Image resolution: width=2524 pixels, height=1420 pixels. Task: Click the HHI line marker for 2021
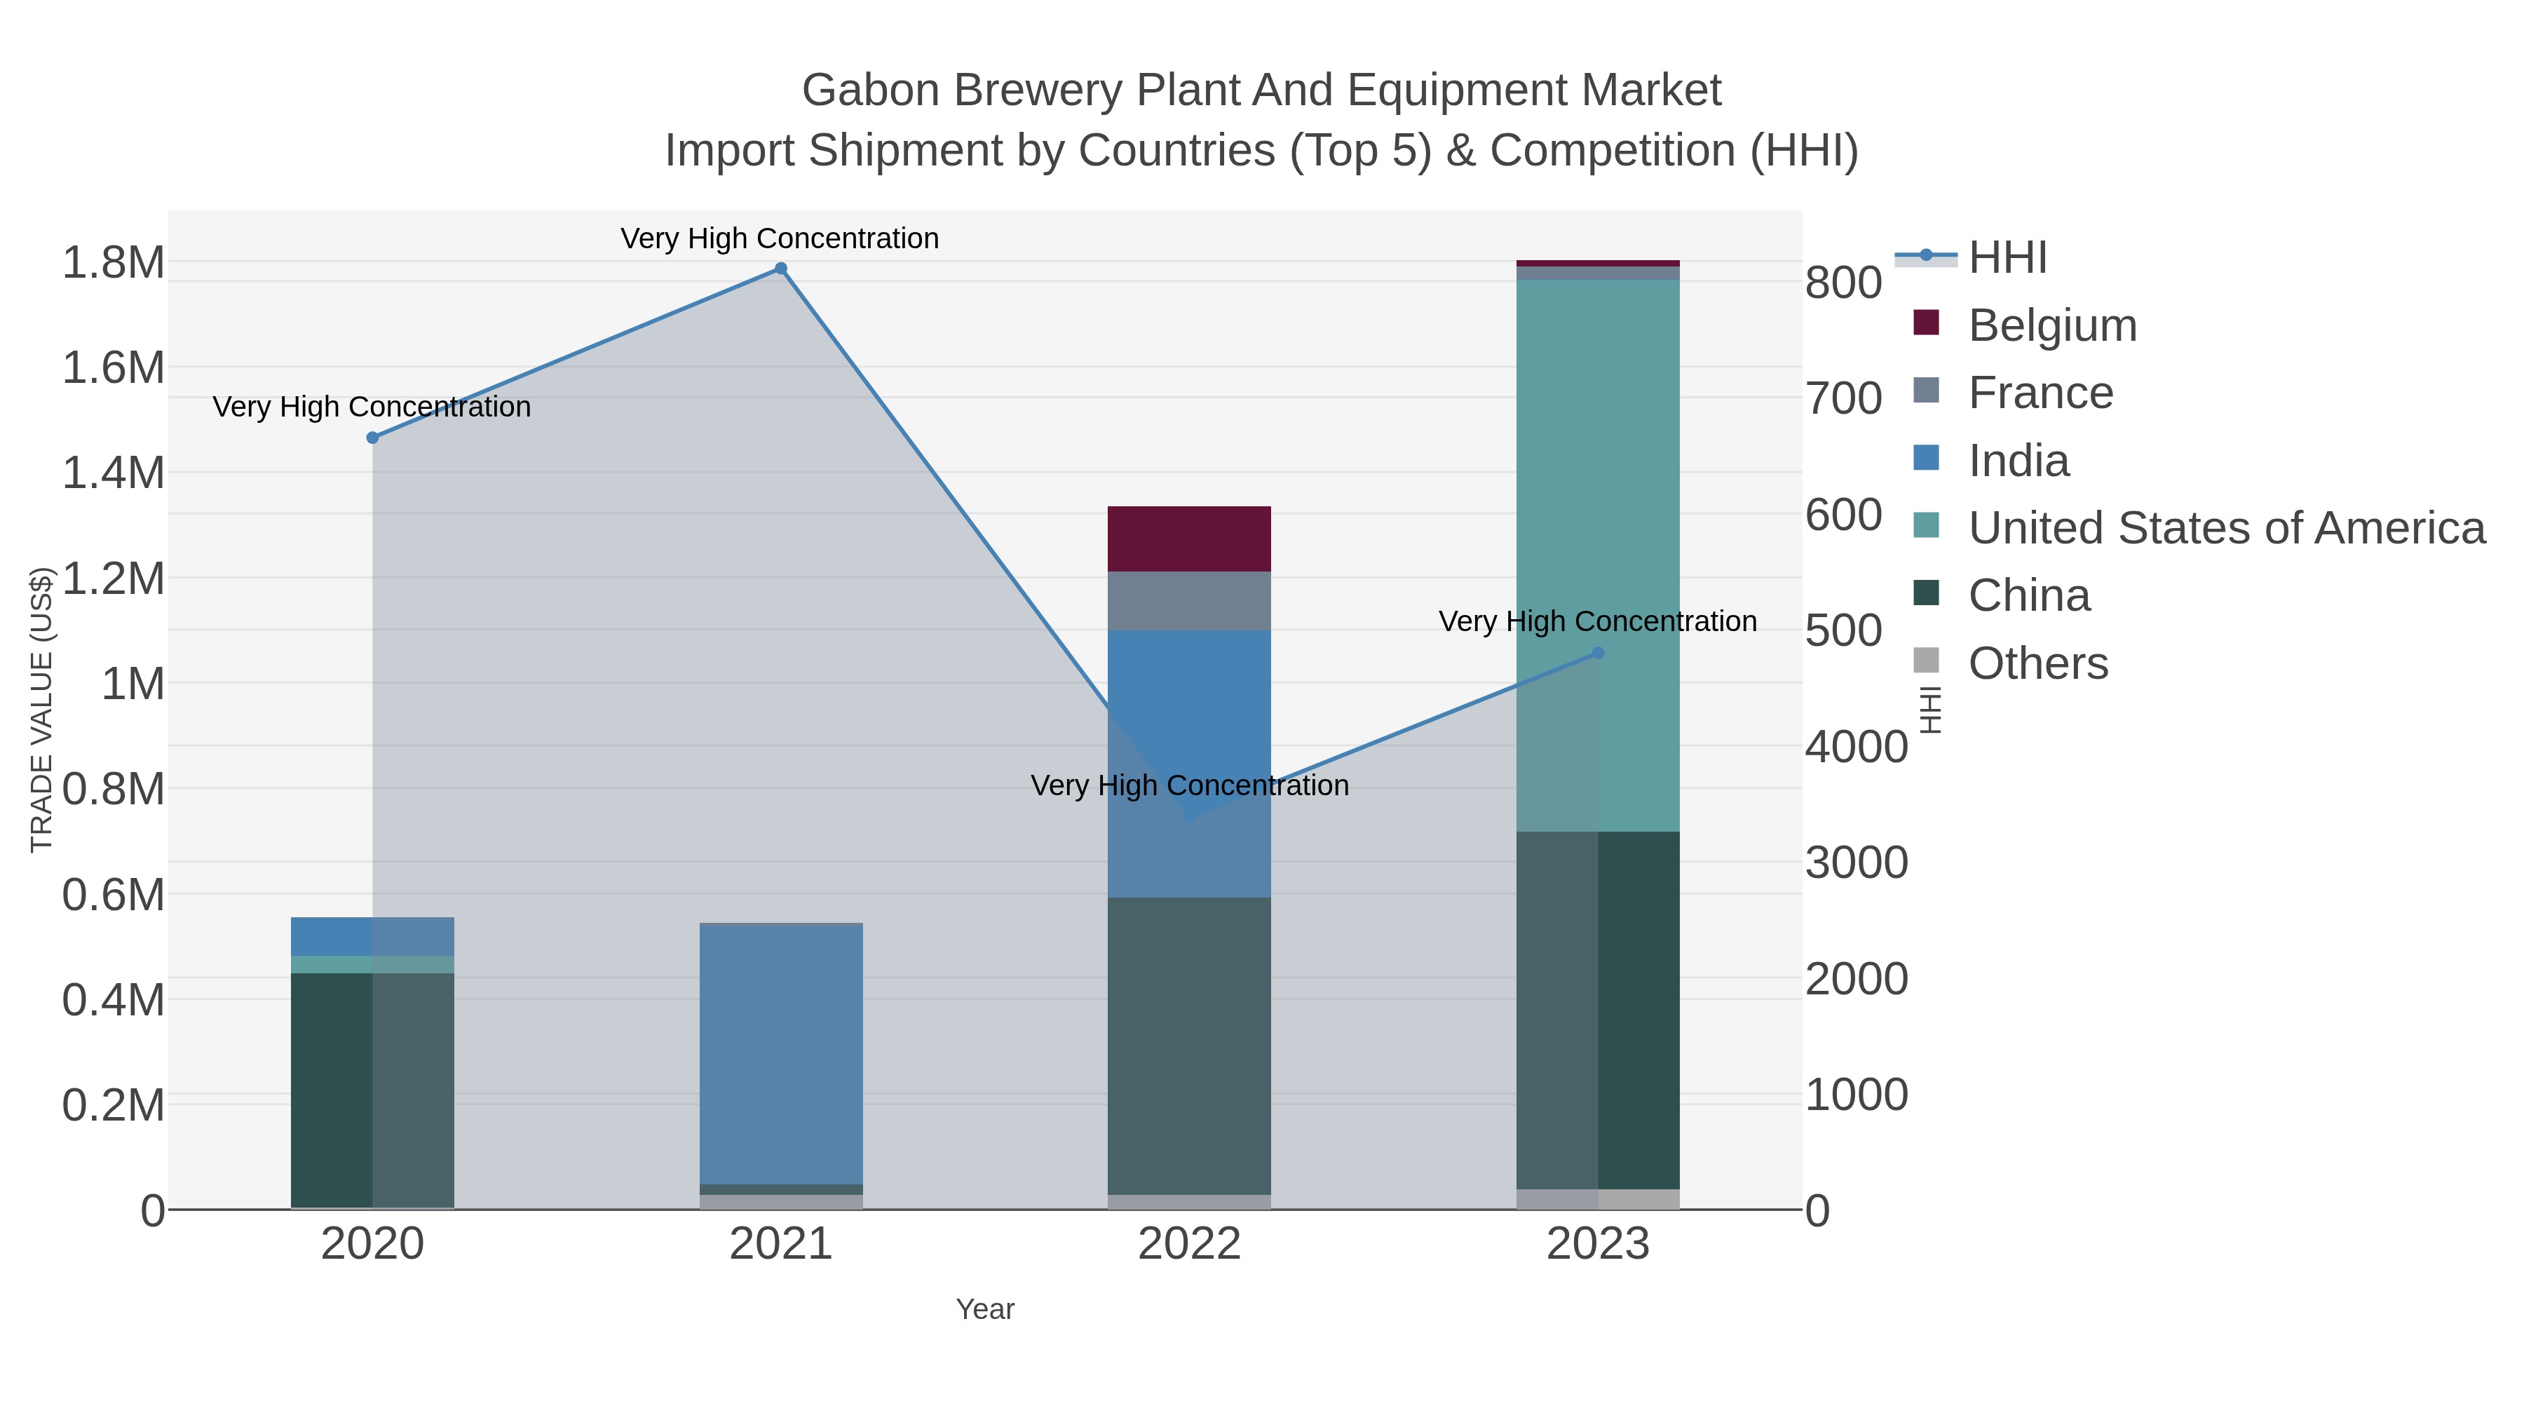pos(781,269)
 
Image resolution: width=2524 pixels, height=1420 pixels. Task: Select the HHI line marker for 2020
pos(372,438)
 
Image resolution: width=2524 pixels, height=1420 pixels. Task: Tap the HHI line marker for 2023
pos(1598,653)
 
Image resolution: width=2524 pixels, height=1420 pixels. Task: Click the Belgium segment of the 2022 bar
pos(1188,539)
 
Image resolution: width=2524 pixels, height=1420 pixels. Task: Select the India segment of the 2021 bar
pos(781,1053)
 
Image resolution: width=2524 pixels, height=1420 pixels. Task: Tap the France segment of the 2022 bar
pos(1188,601)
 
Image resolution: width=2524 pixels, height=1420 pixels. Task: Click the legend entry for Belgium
pos(2051,325)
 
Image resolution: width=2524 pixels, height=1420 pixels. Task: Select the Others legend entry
pos(2038,663)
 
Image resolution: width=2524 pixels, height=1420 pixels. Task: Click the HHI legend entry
pos(2007,258)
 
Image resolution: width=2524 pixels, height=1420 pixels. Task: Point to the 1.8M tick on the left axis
pos(113,263)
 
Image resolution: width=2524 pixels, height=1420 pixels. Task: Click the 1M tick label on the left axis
pos(133,683)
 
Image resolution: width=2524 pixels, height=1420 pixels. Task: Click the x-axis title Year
pos(985,1309)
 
